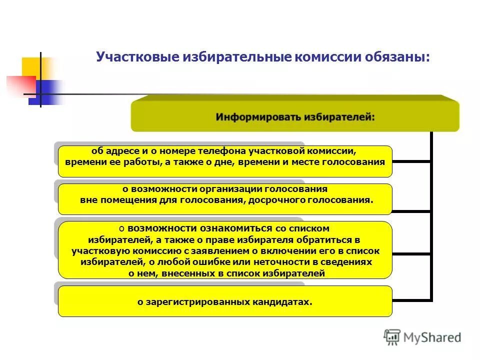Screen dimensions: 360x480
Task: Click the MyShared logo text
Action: pos(432,338)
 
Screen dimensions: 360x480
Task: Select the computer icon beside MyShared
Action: pos(392,337)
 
